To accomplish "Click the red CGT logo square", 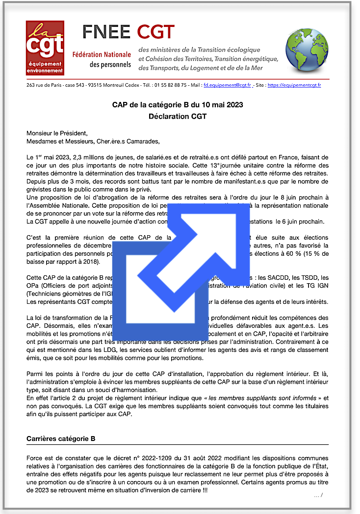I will tap(45, 48).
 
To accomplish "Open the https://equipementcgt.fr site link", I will tap(294, 85).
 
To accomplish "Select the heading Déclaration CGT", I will tap(178, 116).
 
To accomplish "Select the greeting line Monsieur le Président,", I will tap(57, 133).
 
